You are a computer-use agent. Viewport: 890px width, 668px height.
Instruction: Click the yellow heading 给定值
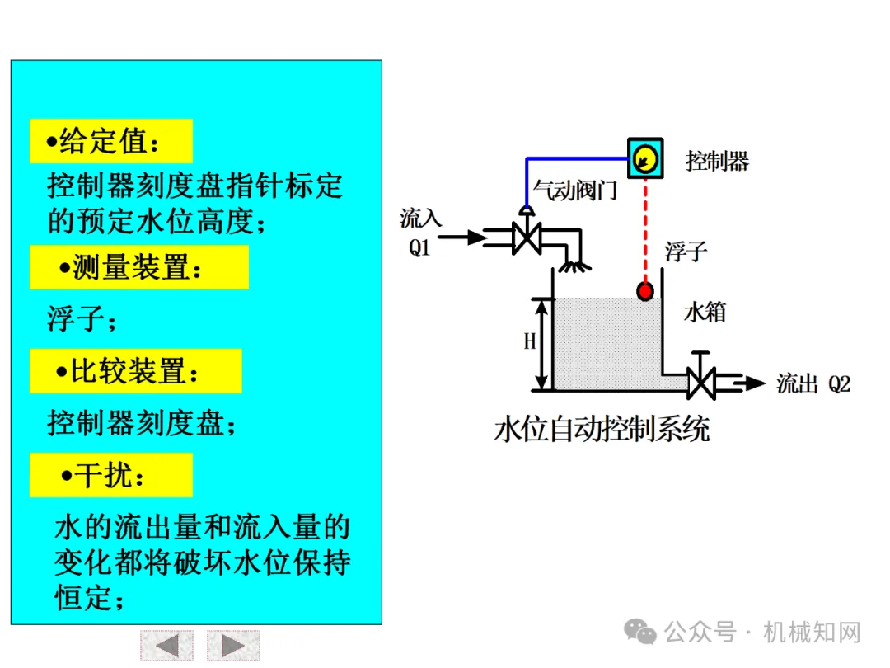click(110, 142)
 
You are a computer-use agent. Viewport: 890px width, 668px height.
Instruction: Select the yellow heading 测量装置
click(138, 267)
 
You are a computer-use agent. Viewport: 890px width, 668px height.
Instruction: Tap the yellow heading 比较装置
click(135, 371)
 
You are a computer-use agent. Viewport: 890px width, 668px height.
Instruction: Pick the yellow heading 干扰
click(110, 475)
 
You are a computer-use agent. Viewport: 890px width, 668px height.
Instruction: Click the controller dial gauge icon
click(644, 158)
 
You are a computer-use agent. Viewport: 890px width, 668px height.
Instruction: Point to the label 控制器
click(717, 161)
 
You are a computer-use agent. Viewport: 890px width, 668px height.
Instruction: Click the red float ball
click(645, 290)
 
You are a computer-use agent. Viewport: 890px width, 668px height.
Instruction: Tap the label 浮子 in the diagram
click(686, 251)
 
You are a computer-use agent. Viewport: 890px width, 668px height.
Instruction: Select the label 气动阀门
click(574, 191)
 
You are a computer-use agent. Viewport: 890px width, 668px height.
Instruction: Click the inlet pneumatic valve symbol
click(525, 237)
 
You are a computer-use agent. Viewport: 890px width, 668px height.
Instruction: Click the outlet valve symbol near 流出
click(701, 382)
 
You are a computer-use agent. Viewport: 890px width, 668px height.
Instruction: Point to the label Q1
click(420, 247)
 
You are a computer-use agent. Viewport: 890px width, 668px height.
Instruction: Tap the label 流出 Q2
click(813, 383)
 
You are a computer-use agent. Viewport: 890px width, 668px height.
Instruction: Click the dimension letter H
click(530, 341)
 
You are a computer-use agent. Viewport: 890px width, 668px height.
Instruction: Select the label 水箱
click(705, 313)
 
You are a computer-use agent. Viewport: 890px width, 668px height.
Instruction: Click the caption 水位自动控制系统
click(602, 430)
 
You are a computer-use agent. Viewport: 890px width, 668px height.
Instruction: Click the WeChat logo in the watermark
click(640, 633)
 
